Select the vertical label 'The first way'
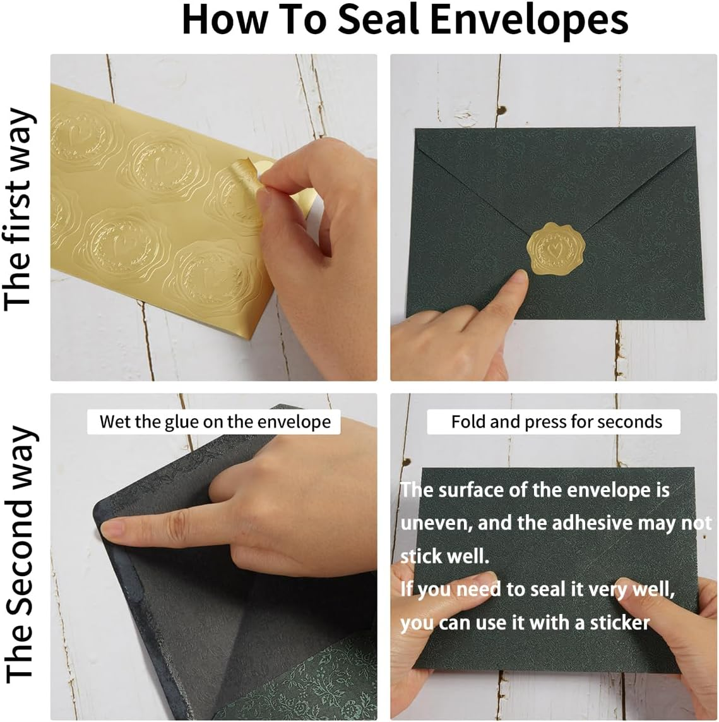tap(19, 209)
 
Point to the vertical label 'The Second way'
tap(19, 555)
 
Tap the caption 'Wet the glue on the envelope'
tap(215, 421)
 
